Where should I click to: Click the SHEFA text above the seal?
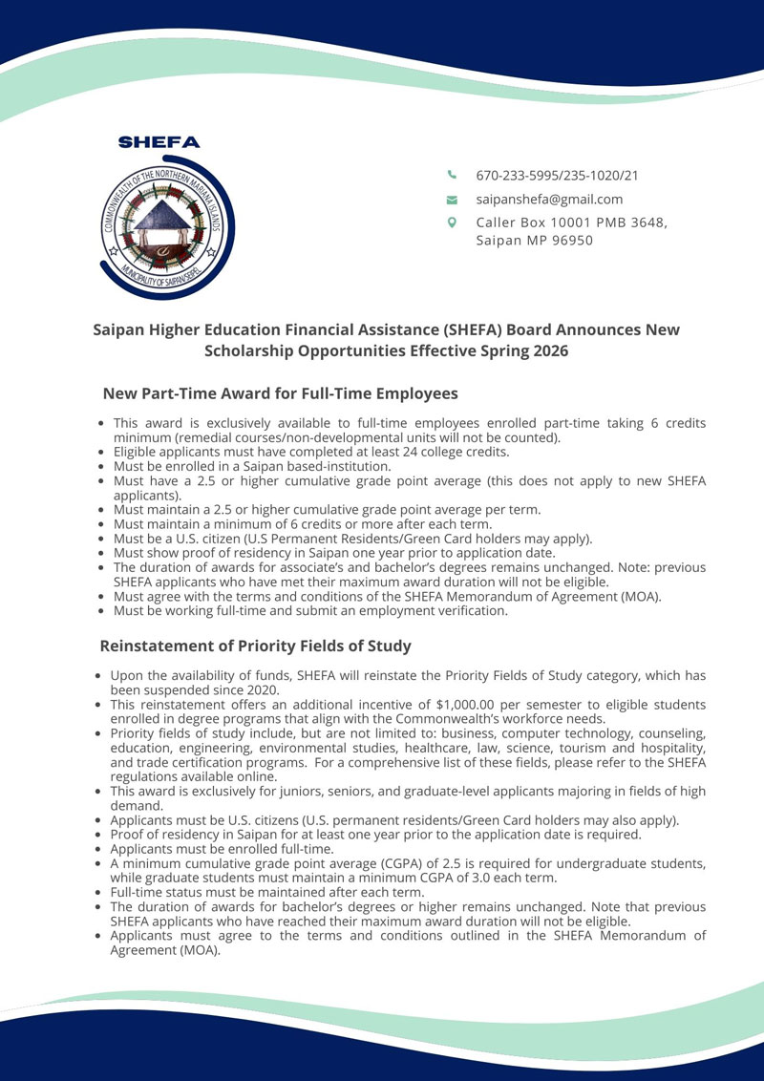[x=159, y=142]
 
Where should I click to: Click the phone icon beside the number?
[x=453, y=175]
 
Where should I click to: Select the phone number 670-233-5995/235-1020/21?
[x=557, y=176]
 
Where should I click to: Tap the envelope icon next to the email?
[x=453, y=200]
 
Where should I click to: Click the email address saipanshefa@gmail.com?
[x=549, y=200]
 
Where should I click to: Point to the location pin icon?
[x=453, y=223]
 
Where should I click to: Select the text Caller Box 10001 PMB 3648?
[x=571, y=223]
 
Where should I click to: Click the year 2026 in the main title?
[x=549, y=350]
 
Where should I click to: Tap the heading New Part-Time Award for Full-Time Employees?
[x=280, y=393]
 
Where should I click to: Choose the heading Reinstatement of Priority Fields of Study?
[x=255, y=646]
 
